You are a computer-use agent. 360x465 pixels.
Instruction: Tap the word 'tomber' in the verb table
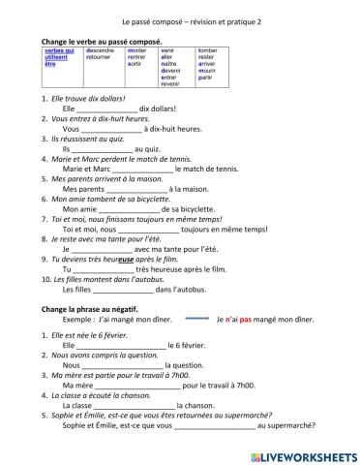click(x=208, y=50)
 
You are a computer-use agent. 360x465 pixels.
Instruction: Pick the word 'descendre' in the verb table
click(x=101, y=50)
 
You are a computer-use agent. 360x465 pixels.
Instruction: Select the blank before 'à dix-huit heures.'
click(x=112, y=129)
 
